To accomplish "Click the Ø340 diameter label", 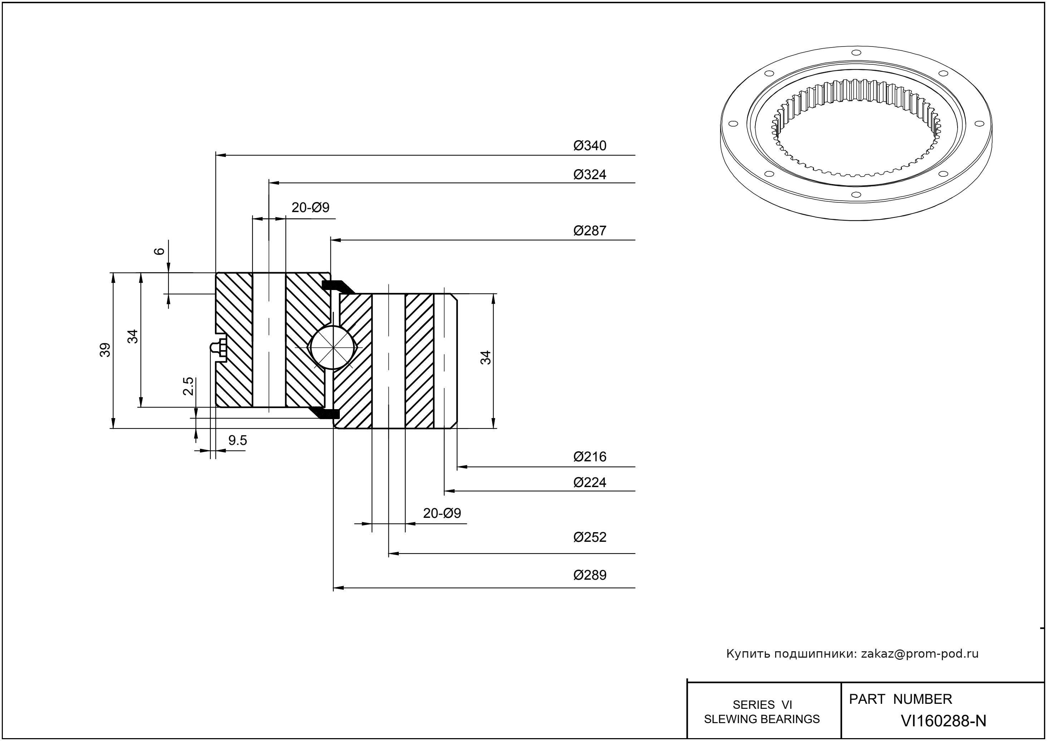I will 590,146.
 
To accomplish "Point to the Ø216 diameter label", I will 590,457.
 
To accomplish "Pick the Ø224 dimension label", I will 590,482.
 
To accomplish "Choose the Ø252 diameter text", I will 590,537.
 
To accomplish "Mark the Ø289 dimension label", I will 590,575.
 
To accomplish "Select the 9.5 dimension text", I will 237,440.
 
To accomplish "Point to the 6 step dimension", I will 159,251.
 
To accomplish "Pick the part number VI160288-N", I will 943,721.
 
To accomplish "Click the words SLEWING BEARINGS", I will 762,719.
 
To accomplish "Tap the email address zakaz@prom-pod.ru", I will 920,654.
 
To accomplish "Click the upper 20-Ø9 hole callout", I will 310,208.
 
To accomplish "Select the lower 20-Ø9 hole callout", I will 442,513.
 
